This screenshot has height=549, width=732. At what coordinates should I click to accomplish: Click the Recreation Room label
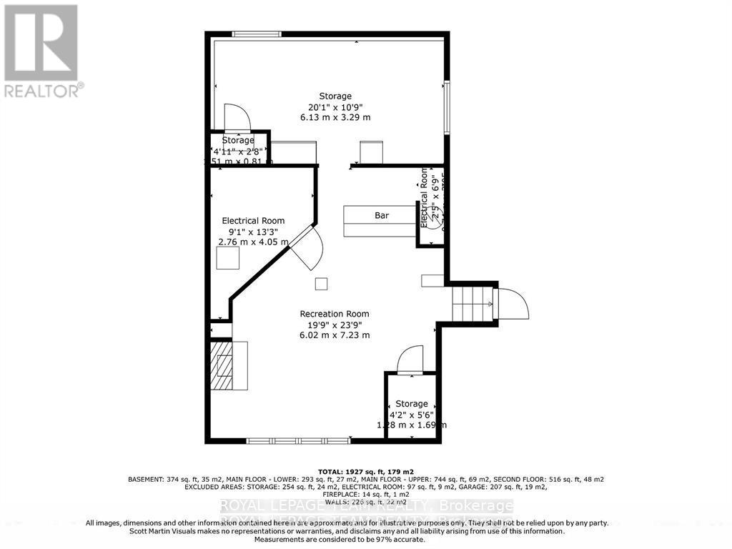(x=335, y=314)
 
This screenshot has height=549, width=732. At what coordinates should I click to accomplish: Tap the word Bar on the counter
(x=382, y=215)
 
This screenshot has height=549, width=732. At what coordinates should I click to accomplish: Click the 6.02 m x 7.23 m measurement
(x=335, y=335)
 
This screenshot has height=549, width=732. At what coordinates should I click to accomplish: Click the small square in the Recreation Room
(x=322, y=284)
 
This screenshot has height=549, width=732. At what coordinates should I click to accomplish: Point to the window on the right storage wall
(x=447, y=107)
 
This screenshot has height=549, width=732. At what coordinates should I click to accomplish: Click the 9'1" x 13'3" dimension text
(x=253, y=232)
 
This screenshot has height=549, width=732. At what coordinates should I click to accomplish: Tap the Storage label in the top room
(x=335, y=96)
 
